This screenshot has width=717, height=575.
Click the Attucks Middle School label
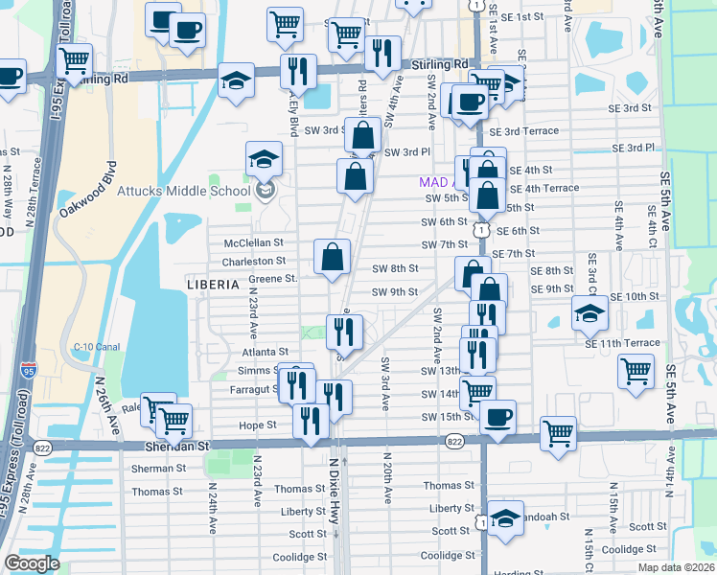(x=183, y=191)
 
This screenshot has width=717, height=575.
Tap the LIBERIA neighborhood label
(x=213, y=285)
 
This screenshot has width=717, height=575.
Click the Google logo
(x=32, y=563)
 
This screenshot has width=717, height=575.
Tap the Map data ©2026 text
(x=676, y=567)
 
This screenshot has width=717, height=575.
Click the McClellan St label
(x=254, y=243)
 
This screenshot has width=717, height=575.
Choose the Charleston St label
(x=254, y=261)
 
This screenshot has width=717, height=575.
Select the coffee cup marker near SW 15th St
(x=498, y=418)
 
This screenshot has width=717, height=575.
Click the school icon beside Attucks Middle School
(x=265, y=190)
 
